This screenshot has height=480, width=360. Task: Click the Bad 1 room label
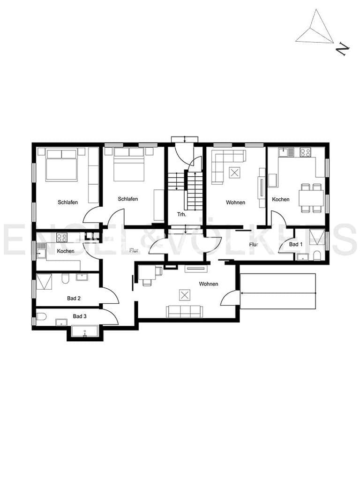click(296, 244)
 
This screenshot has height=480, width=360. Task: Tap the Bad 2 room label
click(74, 298)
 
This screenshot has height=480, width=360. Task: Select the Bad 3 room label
click(80, 316)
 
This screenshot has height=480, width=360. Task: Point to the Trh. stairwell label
click(181, 214)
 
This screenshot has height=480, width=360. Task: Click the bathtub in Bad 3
click(85, 331)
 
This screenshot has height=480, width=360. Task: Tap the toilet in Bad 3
click(41, 316)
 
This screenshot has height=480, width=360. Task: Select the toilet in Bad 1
click(317, 256)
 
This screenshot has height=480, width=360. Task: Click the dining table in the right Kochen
click(311, 198)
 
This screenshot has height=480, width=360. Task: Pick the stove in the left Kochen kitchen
click(61, 237)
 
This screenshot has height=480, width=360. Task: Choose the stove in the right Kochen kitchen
click(305, 152)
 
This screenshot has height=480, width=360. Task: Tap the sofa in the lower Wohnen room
click(184, 311)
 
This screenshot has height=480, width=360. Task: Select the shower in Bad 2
click(44, 282)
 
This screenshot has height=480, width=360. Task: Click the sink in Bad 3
click(61, 322)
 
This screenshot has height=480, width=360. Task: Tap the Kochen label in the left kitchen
click(66, 251)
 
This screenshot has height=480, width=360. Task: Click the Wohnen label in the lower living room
click(209, 284)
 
